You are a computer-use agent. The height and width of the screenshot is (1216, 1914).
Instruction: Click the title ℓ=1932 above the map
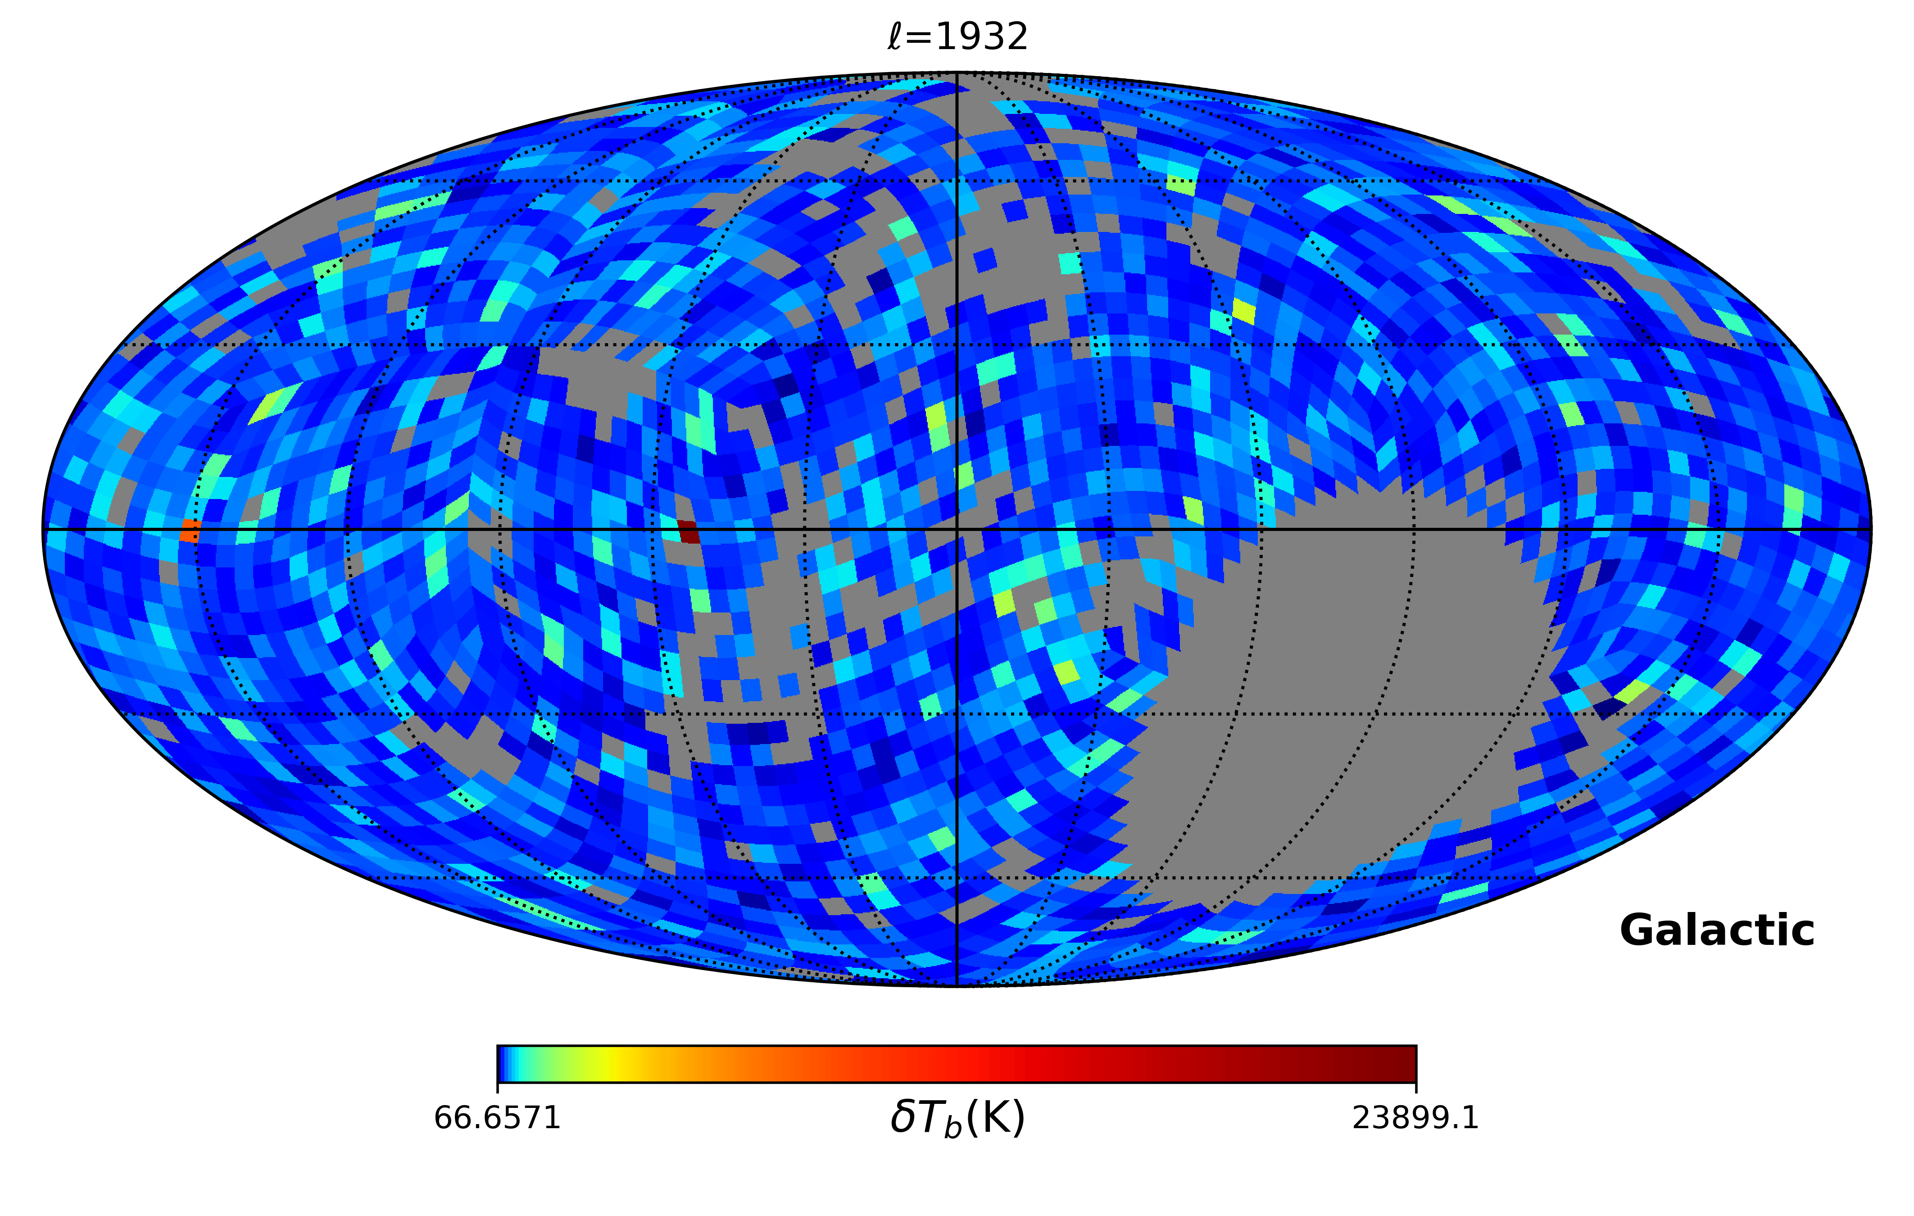(957, 36)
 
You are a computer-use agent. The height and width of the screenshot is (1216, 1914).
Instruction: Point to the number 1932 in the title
(982, 36)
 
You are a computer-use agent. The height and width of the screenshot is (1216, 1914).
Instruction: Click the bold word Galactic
(1716, 930)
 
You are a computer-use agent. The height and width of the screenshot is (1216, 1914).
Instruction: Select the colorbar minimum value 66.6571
(498, 1118)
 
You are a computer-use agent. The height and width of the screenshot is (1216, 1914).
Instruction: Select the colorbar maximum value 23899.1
(1415, 1118)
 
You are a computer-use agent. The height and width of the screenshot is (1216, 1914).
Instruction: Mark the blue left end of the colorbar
(502, 1063)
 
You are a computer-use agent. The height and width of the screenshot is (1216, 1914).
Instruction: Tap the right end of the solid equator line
(1870, 529)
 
